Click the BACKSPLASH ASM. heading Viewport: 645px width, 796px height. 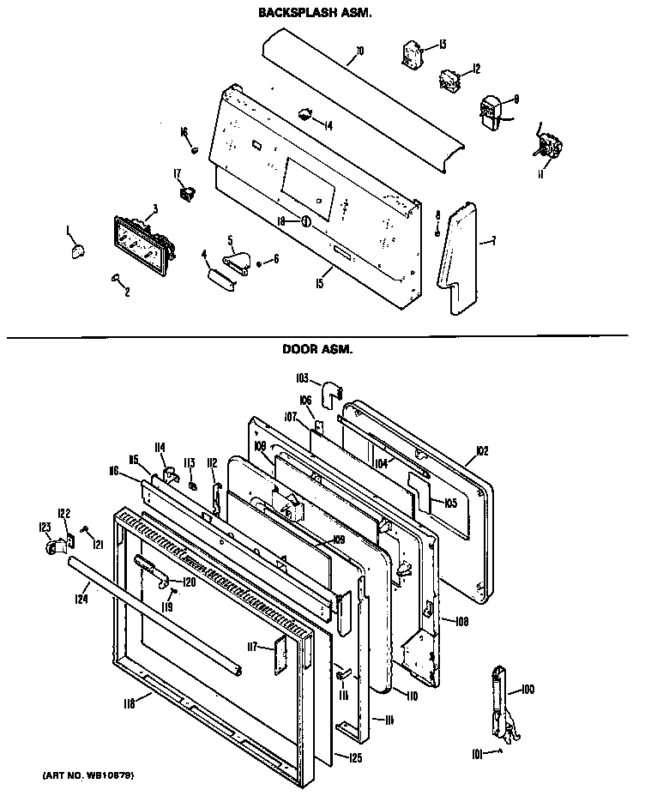click(x=315, y=15)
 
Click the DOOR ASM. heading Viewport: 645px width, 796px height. click(x=317, y=349)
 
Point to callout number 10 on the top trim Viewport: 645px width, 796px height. click(x=359, y=51)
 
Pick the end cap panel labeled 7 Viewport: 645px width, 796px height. click(x=459, y=257)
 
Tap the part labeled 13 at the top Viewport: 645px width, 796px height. click(x=413, y=55)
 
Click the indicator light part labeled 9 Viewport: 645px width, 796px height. click(x=491, y=114)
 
